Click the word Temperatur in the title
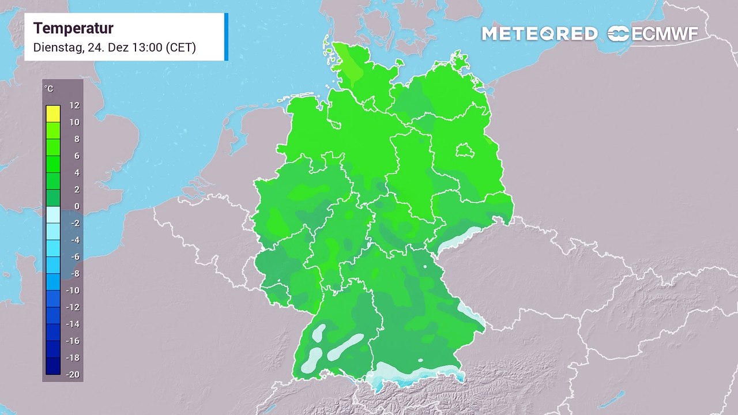[x=73, y=28]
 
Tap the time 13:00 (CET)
[x=165, y=47]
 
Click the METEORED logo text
[x=539, y=34]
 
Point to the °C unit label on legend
[x=49, y=89]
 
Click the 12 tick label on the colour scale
[x=74, y=105]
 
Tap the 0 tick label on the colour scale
[x=76, y=206]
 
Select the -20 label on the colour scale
[x=73, y=375]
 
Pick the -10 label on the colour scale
[x=73, y=290]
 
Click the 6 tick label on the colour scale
[x=76, y=156]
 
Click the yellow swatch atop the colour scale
[x=53, y=114]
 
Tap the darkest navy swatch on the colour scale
[x=53, y=366]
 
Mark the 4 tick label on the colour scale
[x=76, y=173]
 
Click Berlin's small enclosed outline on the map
[x=465, y=151]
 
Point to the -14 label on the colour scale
[x=73, y=324]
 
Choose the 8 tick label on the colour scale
[x=76, y=139]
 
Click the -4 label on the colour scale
[x=74, y=240]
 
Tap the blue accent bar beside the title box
[x=226, y=36]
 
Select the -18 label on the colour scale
[x=73, y=357]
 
